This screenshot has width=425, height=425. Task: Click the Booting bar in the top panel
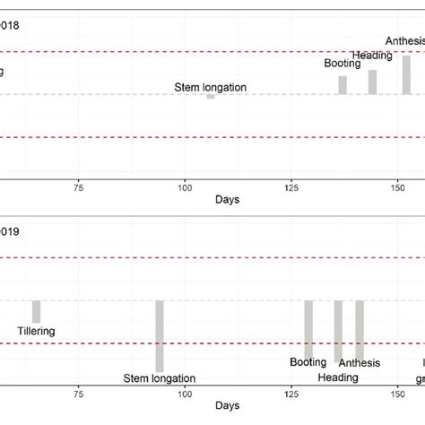pos(343,85)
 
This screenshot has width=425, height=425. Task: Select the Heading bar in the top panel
pos(373,82)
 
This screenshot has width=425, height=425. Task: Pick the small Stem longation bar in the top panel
pos(211,96)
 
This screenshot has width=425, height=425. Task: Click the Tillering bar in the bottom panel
pos(37,311)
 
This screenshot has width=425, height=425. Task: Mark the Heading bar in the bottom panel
pos(338,331)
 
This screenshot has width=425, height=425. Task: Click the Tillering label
pos(37,332)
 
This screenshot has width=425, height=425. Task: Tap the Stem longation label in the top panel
pos(212,88)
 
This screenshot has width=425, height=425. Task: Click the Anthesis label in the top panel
pos(405,40)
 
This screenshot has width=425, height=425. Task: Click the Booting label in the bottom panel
pos(308,363)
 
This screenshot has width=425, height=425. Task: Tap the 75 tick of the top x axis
pos(79,186)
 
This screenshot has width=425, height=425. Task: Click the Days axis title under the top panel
pos(227,201)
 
